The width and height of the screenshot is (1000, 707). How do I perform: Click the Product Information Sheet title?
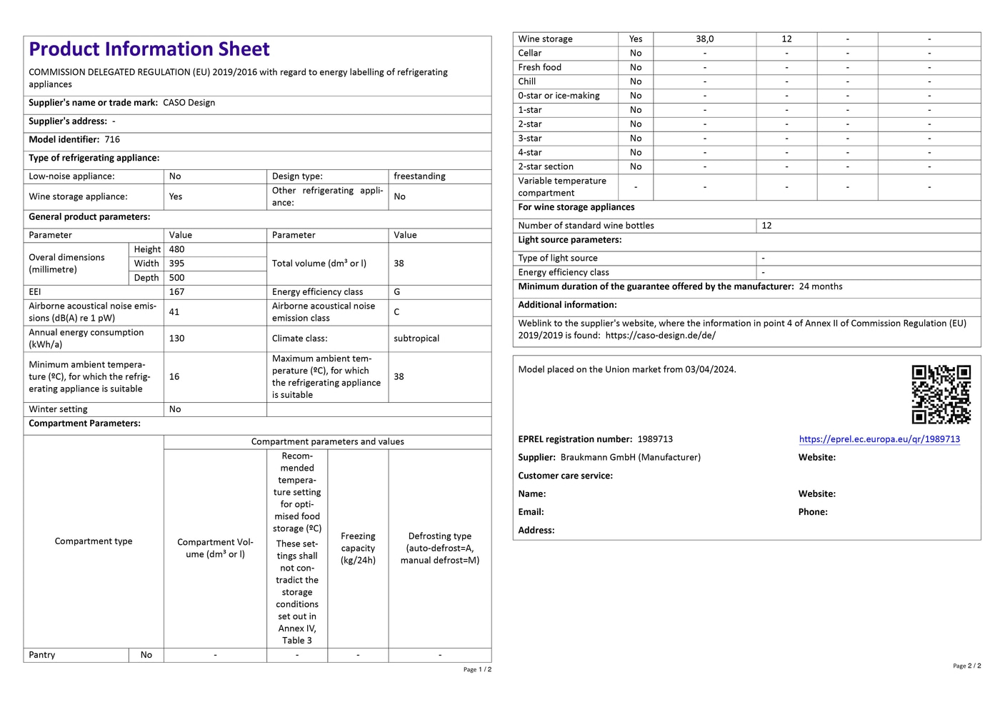[149, 49]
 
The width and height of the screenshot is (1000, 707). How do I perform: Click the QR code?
[941, 394]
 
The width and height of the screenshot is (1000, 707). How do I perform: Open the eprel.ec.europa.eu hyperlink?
[879, 439]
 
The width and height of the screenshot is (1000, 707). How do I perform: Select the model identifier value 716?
[112, 140]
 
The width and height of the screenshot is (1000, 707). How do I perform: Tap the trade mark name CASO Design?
[189, 103]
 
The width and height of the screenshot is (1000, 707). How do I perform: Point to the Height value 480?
[176, 249]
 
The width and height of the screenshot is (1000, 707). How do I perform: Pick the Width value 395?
[176, 264]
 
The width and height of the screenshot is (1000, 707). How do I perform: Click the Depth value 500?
[176, 278]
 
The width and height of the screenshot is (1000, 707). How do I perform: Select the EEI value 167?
[176, 292]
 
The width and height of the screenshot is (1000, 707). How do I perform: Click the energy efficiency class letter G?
[397, 292]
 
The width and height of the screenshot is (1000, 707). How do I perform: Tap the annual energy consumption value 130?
[176, 339]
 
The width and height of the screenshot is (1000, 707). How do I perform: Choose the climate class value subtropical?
[416, 339]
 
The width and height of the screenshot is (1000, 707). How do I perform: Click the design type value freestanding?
[419, 176]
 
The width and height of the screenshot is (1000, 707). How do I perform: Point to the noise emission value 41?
[174, 312]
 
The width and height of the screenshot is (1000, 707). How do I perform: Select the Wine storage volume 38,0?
[704, 39]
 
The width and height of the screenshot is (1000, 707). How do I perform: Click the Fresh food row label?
[539, 67]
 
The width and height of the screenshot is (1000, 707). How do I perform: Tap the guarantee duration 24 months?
[821, 286]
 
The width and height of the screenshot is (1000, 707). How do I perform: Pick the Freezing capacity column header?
[358, 548]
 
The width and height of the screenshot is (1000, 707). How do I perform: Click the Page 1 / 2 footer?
[477, 669]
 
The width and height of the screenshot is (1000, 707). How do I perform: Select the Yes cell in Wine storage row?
[636, 39]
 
